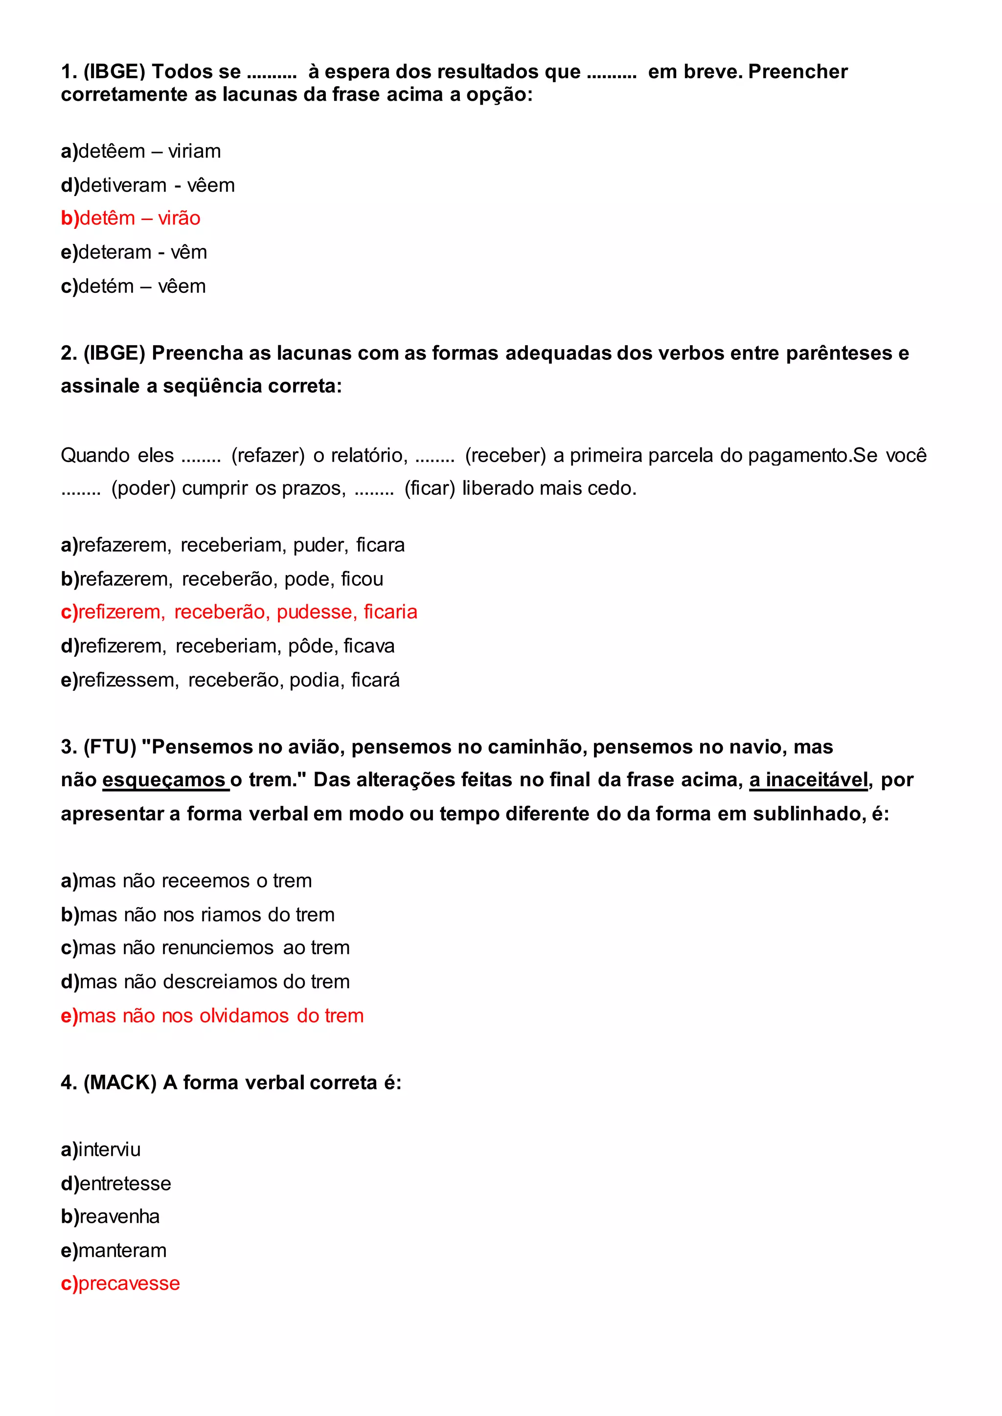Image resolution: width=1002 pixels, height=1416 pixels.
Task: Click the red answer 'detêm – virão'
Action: tap(131, 219)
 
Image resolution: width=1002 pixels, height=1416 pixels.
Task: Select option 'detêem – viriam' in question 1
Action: tap(141, 151)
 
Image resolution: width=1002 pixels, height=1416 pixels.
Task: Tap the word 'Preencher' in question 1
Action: tap(798, 72)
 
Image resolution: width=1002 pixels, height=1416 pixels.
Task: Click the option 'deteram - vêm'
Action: tap(134, 252)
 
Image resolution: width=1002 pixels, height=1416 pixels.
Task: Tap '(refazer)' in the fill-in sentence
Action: tap(268, 456)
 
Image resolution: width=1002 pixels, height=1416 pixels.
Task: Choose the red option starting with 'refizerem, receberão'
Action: tap(239, 612)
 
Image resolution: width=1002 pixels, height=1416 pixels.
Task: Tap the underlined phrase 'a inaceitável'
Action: tap(808, 780)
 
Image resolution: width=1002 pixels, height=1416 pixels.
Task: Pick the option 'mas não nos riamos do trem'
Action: tap(198, 915)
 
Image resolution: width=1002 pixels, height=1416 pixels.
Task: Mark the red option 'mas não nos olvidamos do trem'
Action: tap(212, 1016)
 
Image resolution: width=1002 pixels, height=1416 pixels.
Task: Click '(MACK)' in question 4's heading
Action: tap(120, 1083)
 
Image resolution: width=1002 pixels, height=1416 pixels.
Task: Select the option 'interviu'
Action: tap(101, 1150)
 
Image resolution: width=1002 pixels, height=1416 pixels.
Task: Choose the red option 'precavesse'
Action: tap(120, 1283)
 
